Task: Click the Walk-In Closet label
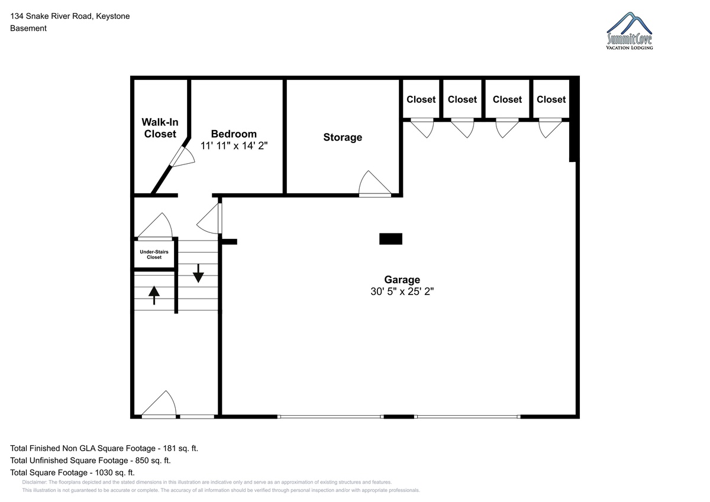(160, 128)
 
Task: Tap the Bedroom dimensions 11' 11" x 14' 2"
(234, 145)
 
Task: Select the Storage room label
(343, 137)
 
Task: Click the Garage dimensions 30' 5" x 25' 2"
(402, 292)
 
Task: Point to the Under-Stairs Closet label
(154, 254)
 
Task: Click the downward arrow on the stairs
(198, 273)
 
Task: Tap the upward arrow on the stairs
(154, 295)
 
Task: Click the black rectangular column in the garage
(391, 239)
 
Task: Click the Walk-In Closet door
(182, 157)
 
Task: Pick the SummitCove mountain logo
(630, 31)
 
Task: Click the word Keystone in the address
(113, 16)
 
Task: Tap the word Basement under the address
(28, 28)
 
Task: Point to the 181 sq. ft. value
(180, 448)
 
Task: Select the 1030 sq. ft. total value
(115, 473)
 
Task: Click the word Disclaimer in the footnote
(34, 482)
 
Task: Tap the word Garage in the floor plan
(402, 280)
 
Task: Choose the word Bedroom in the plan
(234, 134)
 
